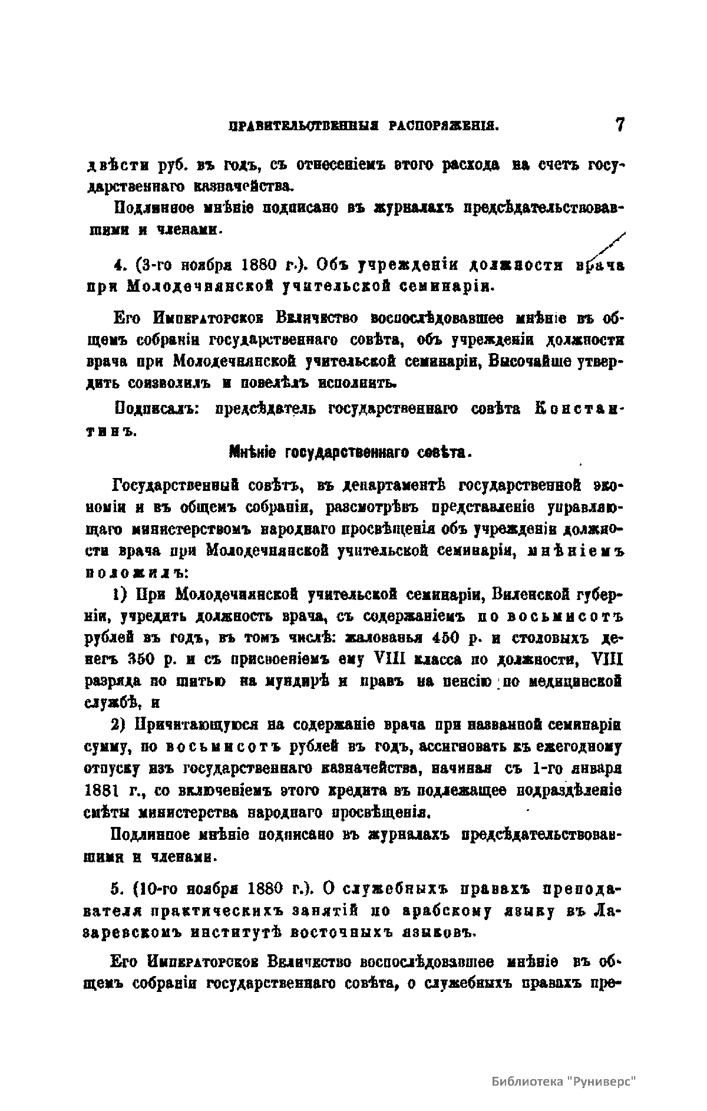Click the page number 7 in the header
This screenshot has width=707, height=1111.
(x=619, y=126)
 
